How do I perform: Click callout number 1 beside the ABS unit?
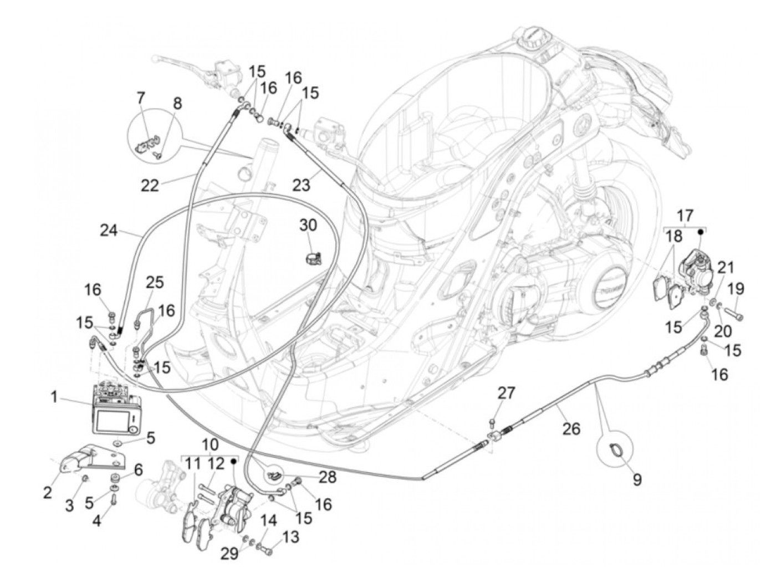pyautogui.click(x=54, y=398)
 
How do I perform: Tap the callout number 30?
pyautogui.click(x=309, y=226)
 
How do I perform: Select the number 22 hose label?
pyautogui.click(x=149, y=185)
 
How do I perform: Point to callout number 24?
pyautogui.click(x=109, y=229)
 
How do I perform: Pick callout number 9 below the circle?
pyautogui.click(x=637, y=479)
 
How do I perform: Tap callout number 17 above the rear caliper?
pyautogui.click(x=685, y=215)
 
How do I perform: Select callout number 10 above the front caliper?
pyautogui.click(x=211, y=444)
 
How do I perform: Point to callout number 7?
pyautogui.click(x=141, y=98)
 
